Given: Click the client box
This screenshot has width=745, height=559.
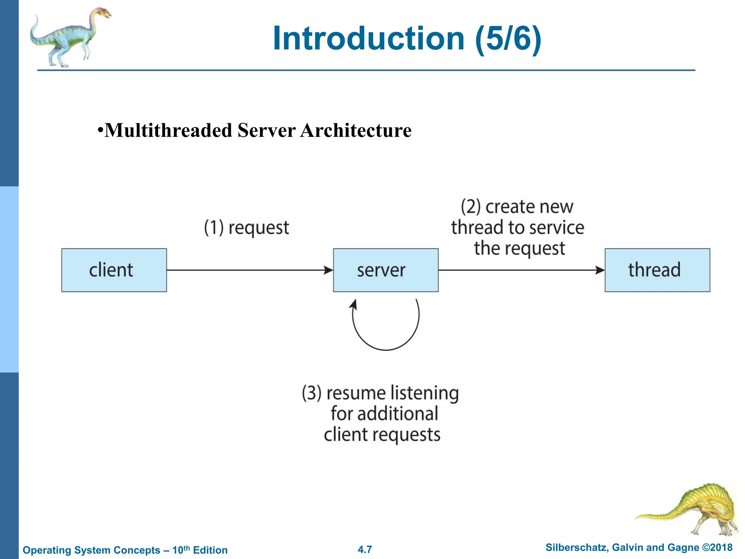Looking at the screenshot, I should [114, 270].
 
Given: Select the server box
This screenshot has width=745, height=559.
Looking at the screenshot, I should [386, 270].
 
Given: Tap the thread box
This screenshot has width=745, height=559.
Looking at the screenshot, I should [657, 270].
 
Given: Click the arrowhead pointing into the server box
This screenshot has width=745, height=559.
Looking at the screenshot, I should [329, 270].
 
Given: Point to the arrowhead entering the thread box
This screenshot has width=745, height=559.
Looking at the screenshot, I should [600, 270].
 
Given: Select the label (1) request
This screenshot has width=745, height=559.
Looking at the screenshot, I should [246, 228].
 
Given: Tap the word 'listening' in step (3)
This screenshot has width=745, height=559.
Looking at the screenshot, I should [424, 393].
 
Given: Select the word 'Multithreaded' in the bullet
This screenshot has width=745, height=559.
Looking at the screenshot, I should [168, 130].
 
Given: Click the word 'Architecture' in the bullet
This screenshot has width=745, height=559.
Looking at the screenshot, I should [356, 130].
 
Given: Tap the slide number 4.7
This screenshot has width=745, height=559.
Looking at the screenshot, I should [365, 550].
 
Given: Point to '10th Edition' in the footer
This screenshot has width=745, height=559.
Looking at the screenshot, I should [200, 550].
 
